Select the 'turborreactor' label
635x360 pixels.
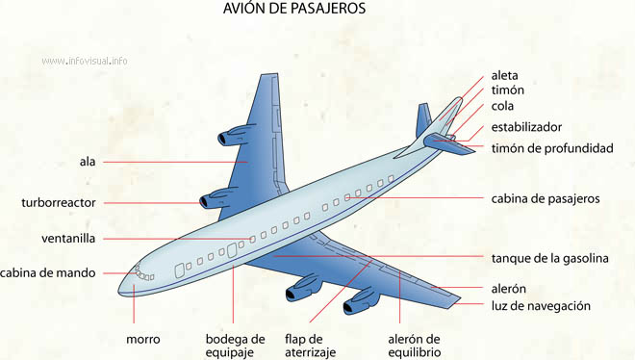tap(59, 202)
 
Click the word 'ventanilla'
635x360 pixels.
tap(68, 238)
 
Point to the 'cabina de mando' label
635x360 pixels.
tap(48, 272)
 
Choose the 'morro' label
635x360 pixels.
tap(142, 339)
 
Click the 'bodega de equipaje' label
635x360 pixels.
tap(235, 346)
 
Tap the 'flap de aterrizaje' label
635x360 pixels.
tap(310, 346)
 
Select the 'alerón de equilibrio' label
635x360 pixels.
tap(414, 346)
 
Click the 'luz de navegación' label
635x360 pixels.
tap(540, 306)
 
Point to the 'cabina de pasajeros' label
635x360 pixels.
tap(545, 198)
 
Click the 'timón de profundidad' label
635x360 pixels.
tap(551, 147)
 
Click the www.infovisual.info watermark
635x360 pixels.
tap(85, 61)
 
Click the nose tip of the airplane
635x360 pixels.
tap(121, 285)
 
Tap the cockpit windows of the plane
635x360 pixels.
tap(142, 273)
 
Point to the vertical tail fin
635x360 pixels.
tap(423, 120)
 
